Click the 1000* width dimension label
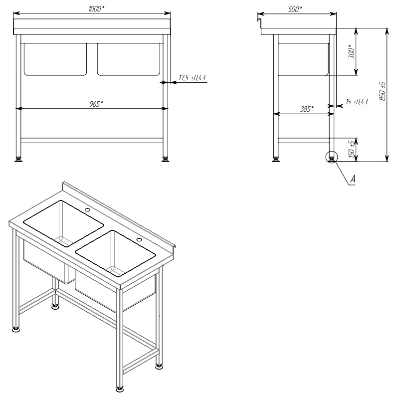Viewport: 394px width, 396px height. (96, 9)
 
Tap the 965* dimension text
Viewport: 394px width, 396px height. (96, 104)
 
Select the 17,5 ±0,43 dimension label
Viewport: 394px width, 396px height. (192, 77)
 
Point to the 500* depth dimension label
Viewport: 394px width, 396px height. (295, 9)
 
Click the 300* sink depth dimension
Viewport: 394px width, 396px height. (351, 52)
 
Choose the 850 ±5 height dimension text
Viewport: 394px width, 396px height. (383, 91)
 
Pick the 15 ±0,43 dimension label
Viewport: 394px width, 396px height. (357, 102)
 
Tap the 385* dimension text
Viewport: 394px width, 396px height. (307, 109)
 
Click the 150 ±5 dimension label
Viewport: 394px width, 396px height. (351, 150)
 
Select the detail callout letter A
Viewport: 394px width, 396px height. (353, 179)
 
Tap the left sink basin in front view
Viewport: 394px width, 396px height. (55, 59)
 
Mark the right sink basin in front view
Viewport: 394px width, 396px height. (129, 59)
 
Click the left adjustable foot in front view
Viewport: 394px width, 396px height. (18, 159)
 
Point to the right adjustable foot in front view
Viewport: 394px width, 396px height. (165, 159)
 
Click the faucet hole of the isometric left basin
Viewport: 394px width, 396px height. (87, 209)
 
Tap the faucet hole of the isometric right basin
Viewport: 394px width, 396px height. (139, 239)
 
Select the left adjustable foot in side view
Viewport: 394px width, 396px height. (275, 159)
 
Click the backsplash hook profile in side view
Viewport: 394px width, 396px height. (259, 23)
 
